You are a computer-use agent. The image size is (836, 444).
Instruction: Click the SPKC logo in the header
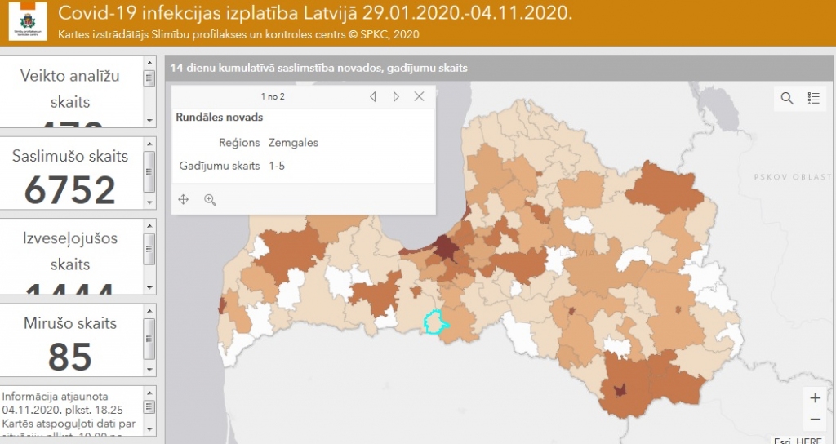click(x=28, y=22)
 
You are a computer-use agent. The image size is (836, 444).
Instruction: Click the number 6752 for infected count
click(x=70, y=190)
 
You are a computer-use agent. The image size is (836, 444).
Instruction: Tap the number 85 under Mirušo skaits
click(x=69, y=357)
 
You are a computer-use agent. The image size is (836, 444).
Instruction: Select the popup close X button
click(x=419, y=96)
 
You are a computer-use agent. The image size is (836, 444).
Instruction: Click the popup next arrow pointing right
click(x=396, y=96)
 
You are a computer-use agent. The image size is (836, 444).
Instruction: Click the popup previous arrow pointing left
click(x=373, y=96)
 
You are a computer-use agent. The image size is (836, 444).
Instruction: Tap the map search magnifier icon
click(x=787, y=98)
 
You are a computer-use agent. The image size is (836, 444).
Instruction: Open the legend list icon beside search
click(x=813, y=98)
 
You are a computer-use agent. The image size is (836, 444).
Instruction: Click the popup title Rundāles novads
click(x=219, y=118)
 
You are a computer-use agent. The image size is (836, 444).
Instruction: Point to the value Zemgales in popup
click(x=293, y=143)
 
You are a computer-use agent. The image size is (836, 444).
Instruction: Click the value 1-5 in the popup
click(x=277, y=166)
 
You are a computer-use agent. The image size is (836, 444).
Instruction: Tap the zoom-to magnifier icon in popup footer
click(x=210, y=200)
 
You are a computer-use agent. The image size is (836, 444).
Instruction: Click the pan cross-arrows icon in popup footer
click(x=184, y=200)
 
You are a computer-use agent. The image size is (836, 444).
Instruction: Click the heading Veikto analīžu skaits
click(x=70, y=89)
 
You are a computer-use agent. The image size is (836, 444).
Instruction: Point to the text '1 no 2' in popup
click(x=273, y=96)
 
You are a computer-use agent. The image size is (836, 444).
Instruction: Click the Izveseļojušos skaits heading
click(x=70, y=251)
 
